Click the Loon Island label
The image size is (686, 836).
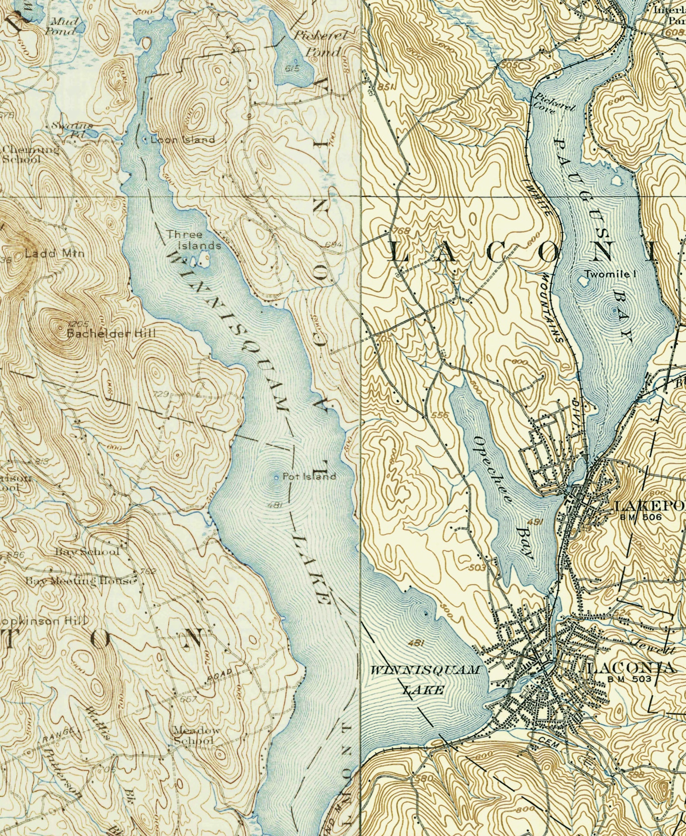pos(182,140)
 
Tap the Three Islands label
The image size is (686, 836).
pos(194,240)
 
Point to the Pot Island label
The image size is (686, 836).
pos(309,476)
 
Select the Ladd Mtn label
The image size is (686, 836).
pos(54,253)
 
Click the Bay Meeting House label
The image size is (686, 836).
pos(81,581)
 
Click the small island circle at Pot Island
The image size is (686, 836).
pos(276,477)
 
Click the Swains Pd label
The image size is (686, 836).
pos(72,129)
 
